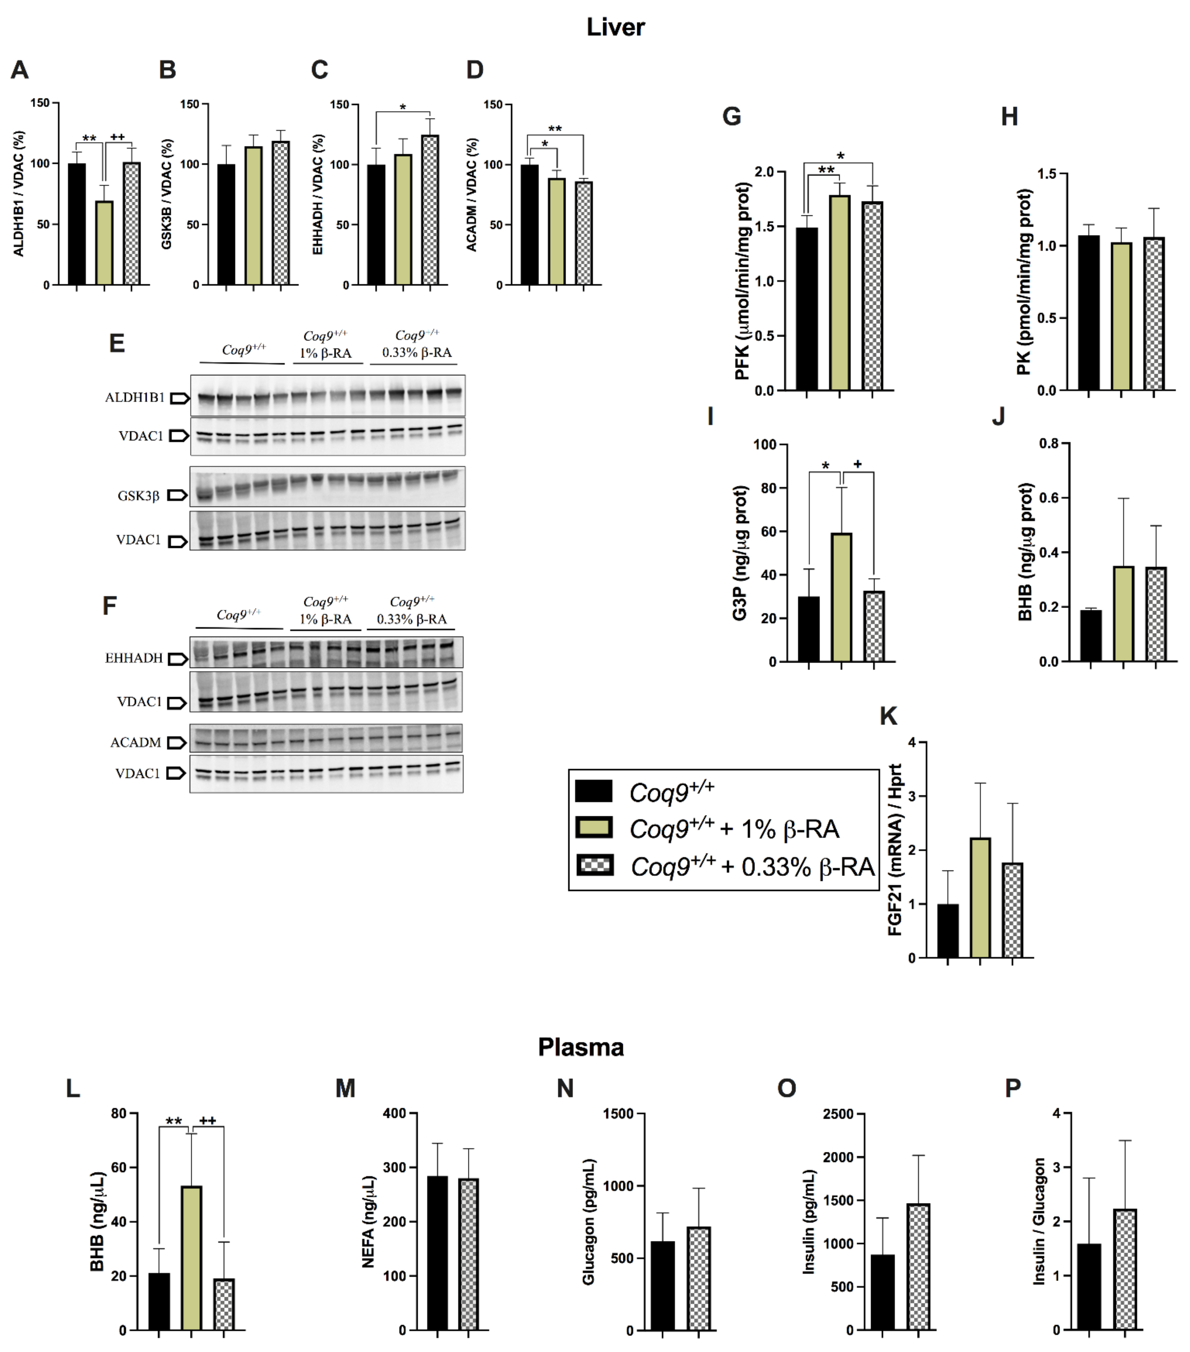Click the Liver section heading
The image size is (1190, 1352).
click(615, 27)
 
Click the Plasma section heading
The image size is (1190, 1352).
click(581, 1047)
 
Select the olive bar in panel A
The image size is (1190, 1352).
click(104, 243)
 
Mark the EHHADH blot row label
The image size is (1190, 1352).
click(134, 658)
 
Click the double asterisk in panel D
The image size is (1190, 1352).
click(555, 129)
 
